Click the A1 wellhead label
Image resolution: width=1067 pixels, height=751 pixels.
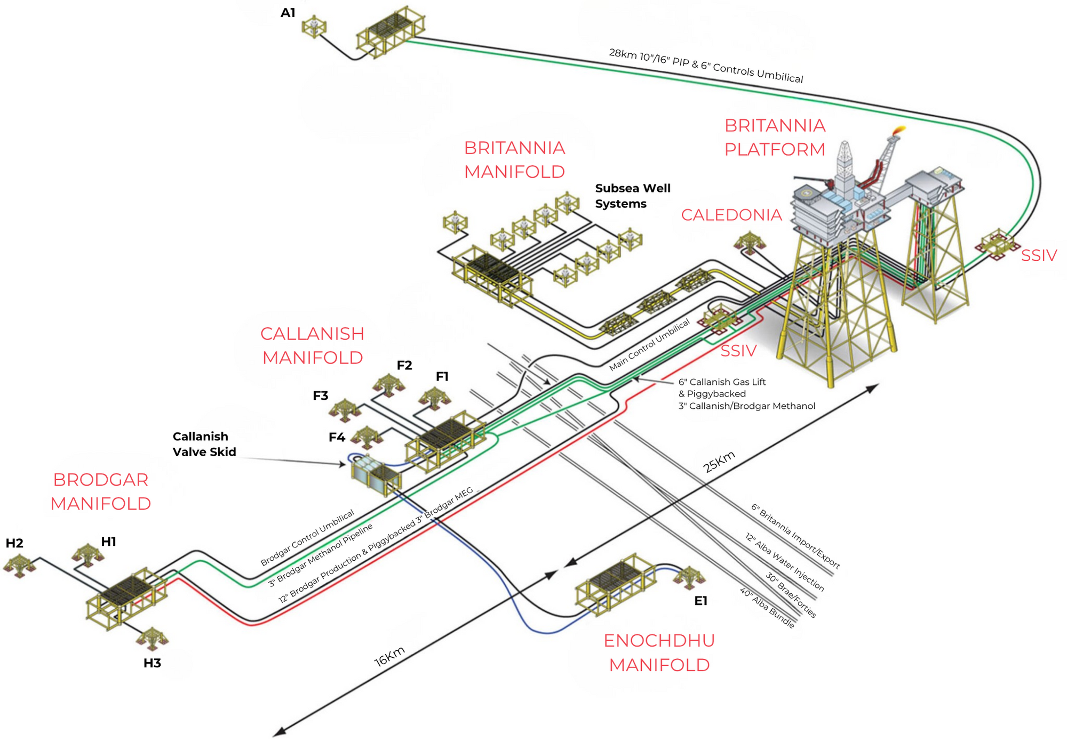pyautogui.click(x=288, y=12)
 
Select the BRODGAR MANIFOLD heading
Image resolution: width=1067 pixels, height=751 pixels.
pyautogui.click(x=101, y=491)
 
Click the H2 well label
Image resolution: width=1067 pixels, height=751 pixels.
pyautogui.click(x=14, y=543)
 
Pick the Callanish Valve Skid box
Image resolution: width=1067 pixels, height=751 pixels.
pyautogui.click(x=376, y=475)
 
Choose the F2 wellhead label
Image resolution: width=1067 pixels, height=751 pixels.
pyautogui.click(x=404, y=365)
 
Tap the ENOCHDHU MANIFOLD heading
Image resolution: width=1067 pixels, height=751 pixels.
pyautogui.click(x=659, y=652)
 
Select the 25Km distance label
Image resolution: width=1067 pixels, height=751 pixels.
pyautogui.click(x=719, y=462)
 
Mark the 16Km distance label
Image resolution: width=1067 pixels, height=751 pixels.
pyautogui.click(x=389, y=657)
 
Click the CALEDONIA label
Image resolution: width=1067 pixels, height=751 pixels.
pyautogui.click(x=731, y=215)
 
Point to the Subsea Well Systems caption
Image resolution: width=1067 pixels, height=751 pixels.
pyautogui.click(x=633, y=196)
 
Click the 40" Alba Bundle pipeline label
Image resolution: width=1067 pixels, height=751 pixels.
pyautogui.click(x=767, y=608)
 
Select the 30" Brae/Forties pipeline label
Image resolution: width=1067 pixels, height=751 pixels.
pyautogui.click(x=791, y=595)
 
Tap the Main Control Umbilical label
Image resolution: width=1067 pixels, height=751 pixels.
pyautogui.click(x=649, y=345)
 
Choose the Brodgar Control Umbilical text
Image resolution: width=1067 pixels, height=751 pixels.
pyautogui.click(x=307, y=538)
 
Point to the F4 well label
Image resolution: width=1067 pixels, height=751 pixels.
pyautogui.click(x=337, y=437)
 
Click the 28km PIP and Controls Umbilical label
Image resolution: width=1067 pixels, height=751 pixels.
pyautogui.click(x=706, y=66)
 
